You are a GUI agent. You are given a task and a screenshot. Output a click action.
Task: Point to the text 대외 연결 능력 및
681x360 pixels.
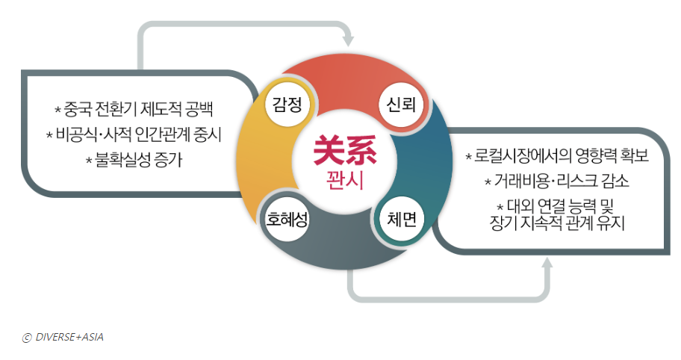coord(558,205)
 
